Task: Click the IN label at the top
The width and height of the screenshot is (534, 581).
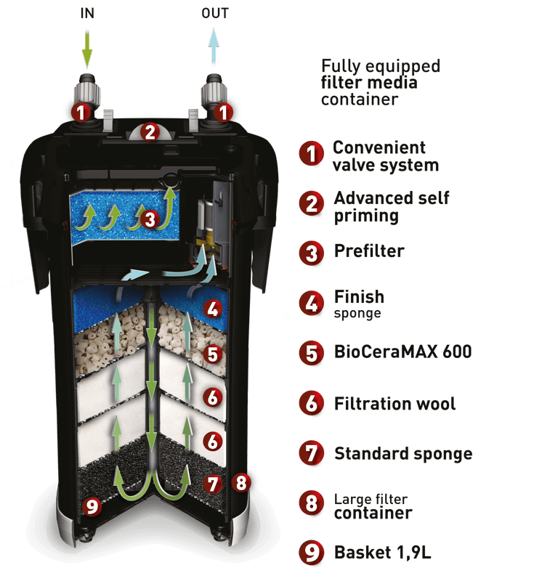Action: click(87, 13)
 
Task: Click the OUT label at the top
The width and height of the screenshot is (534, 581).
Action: click(215, 13)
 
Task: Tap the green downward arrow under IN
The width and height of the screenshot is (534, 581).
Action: click(87, 50)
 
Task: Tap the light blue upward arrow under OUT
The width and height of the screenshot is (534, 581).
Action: click(214, 46)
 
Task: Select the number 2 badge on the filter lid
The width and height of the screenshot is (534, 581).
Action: click(150, 132)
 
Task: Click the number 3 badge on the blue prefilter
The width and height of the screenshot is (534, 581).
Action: click(150, 219)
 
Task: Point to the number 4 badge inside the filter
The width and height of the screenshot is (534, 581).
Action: click(213, 309)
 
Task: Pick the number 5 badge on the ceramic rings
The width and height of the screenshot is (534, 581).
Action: click(213, 354)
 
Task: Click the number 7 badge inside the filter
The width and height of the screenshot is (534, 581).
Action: click(213, 484)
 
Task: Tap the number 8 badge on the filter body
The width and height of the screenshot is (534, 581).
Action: click(241, 482)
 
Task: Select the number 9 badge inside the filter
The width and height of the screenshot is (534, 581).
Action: click(92, 506)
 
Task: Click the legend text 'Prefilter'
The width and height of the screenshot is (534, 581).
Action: click(369, 251)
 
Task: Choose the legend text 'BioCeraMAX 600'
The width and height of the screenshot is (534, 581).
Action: click(402, 352)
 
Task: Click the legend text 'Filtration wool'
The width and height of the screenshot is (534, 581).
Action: click(395, 404)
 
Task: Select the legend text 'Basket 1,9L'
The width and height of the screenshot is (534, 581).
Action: click(383, 553)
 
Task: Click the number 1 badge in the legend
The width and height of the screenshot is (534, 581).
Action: click(312, 153)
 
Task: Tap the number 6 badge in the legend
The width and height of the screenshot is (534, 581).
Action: click(312, 403)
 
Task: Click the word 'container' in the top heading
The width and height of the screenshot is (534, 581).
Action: click(360, 99)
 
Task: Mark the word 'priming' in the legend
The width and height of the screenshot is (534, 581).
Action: click(366, 216)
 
